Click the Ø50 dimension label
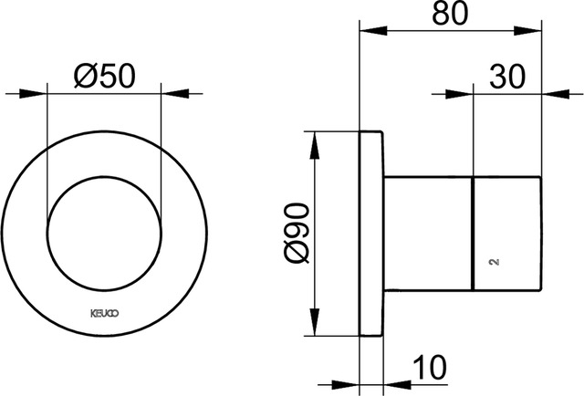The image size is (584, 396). (x=102, y=76)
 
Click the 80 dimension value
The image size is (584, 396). (x=453, y=16)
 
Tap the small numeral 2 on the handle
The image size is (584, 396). (x=494, y=262)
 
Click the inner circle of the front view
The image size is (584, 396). (x=103, y=233)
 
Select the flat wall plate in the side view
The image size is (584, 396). (x=371, y=235)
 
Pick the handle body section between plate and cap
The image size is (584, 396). (x=427, y=235)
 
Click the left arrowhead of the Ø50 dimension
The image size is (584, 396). (x=37, y=93)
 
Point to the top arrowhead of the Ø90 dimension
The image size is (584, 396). (x=316, y=141)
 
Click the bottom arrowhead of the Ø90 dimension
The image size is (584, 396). (x=316, y=329)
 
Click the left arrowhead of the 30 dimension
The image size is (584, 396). (x=465, y=93)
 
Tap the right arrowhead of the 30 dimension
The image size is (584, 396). (x=553, y=93)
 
